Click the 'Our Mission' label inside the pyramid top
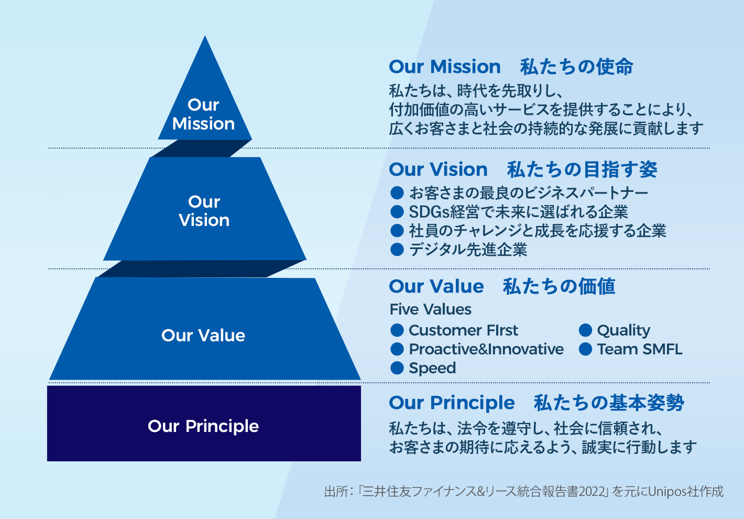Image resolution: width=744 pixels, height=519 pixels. point(203,114)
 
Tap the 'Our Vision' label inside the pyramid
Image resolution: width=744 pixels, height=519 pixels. point(204,211)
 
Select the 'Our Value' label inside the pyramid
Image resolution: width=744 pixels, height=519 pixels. point(203,336)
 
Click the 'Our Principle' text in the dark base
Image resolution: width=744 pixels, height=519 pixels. point(203,426)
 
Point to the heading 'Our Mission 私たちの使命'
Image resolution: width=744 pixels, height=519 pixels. point(511,67)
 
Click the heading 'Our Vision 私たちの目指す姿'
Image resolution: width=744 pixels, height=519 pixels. point(522,170)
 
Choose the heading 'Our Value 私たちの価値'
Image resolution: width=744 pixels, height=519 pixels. point(502,287)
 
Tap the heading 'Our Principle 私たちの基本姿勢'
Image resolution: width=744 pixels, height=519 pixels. point(536,403)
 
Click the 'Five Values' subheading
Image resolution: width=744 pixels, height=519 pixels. point(430,309)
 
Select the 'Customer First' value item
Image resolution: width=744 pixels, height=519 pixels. point(463,330)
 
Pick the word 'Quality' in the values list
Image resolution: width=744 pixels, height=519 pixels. point(623,330)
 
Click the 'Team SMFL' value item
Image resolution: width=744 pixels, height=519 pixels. point(639,349)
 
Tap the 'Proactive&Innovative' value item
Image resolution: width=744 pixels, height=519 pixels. point(486,349)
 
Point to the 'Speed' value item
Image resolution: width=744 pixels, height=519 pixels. point(432,368)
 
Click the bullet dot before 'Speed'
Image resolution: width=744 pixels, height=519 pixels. point(397,368)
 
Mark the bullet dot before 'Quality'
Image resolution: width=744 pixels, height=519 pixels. point(585,330)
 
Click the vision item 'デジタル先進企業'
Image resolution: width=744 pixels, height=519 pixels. point(468,250)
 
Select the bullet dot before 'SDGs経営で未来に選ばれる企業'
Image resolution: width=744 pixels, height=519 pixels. point(397,212)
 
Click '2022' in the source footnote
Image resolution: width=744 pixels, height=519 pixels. point(592,492)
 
